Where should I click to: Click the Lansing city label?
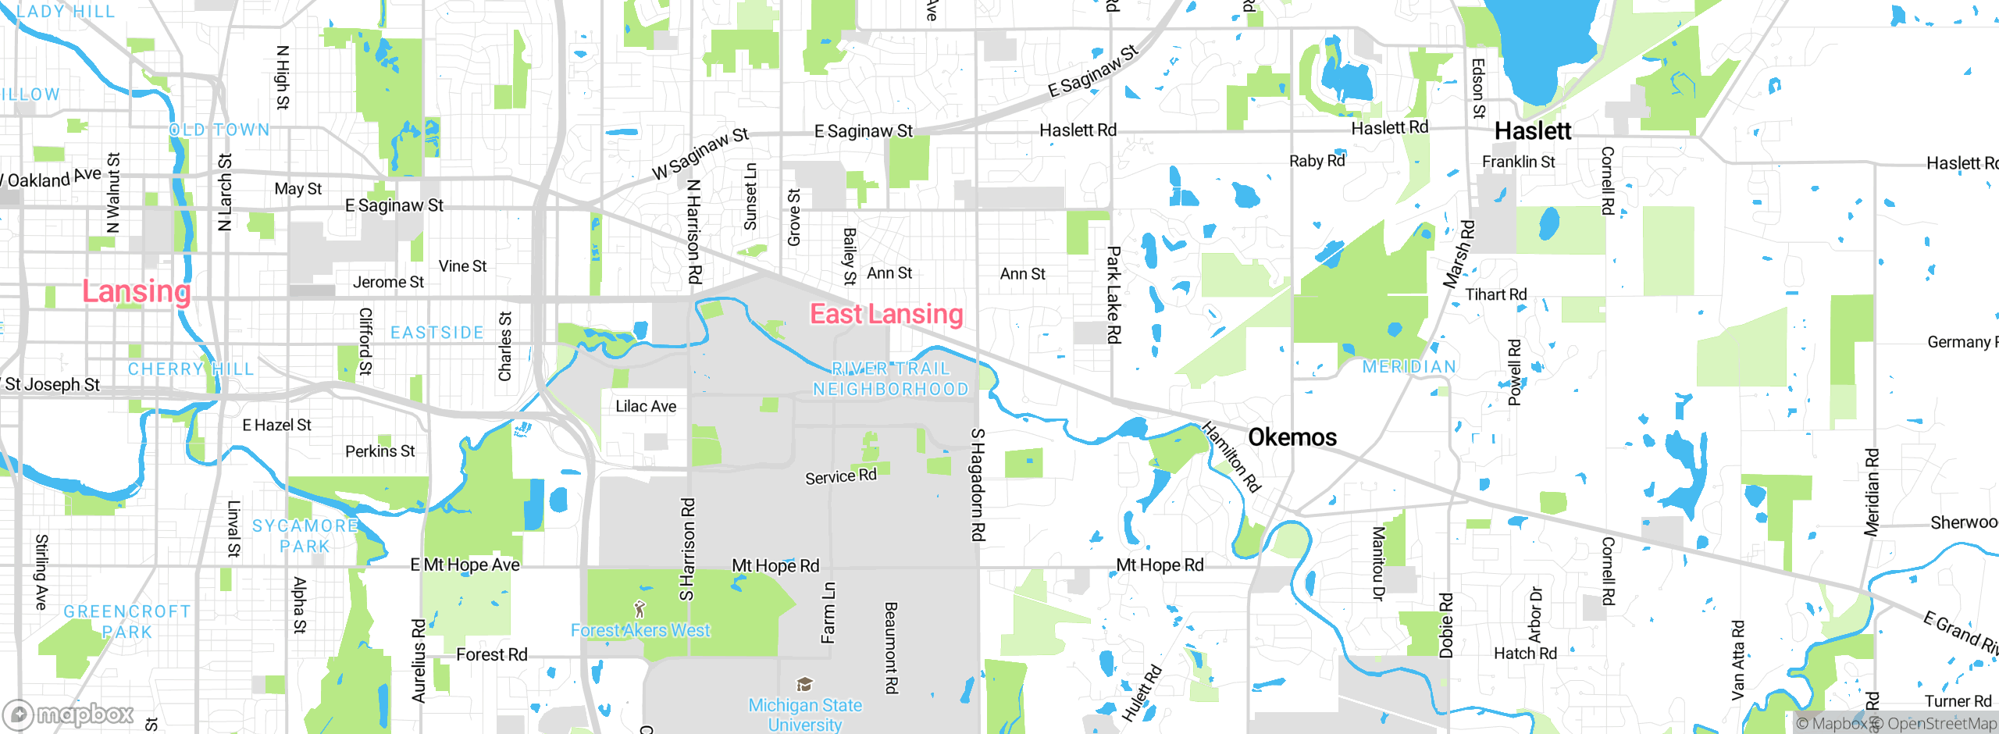click(137, 292)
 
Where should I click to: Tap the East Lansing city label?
click(886, 314)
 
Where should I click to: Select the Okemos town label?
click(1292, 437)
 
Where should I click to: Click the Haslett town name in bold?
click(1532, 131)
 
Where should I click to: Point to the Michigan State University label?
click(805, 714)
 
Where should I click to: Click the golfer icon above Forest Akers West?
click(640, 608)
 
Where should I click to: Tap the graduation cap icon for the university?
click(804, 685)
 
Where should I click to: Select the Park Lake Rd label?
click(1114, 294)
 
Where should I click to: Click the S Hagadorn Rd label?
click(978, 484)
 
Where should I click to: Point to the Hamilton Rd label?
click(1231, 457)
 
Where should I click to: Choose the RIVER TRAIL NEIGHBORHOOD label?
click(890, 379)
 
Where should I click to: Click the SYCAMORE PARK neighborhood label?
click(305, 536)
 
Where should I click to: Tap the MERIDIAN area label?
click(1409, 367)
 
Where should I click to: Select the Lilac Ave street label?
click(646, 406)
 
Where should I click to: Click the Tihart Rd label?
click(1495, 294)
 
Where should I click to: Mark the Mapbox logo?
click(69, 714)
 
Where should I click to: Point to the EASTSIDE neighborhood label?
click(437, 333)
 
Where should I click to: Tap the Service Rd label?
click(840, 476)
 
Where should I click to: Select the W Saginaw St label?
click(700, 153)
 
